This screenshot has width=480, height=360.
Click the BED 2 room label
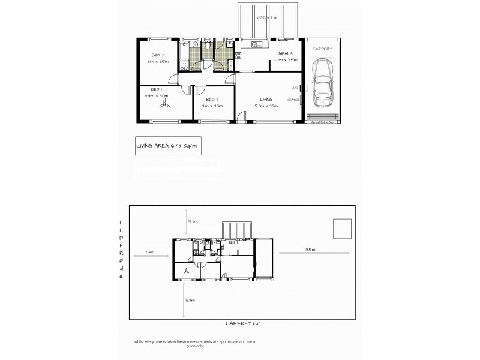(159, 55)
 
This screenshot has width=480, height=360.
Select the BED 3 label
(212, 100)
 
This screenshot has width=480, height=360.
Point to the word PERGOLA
(266, 19)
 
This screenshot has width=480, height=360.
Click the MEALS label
(284, 53)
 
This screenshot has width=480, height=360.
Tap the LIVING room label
(266, 99)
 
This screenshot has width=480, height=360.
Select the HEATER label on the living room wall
(293, 100)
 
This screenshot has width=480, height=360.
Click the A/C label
(295, 88)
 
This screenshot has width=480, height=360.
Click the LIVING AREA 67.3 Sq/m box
(167, 146)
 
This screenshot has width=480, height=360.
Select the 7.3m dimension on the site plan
(149, 252)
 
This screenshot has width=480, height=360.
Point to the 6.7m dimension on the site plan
(191, 300)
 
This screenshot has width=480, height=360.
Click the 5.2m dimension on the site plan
(193, 222)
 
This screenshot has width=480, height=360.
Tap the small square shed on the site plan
(342, 229)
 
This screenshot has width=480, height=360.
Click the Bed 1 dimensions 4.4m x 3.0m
(157, 95)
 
